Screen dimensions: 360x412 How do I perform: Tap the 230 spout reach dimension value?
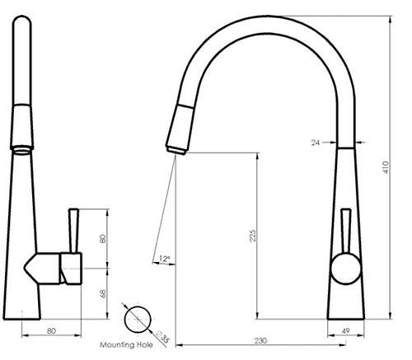coord(260,340)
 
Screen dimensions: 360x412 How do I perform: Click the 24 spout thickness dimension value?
coord(316,142)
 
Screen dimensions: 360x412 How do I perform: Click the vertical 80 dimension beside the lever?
coord(103,239)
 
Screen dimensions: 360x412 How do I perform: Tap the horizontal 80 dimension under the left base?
coord(51,331)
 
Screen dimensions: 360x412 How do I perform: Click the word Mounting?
coord(115,345)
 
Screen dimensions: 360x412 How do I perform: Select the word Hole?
coord(145,345)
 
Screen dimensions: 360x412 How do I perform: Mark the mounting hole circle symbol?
coord(137,318)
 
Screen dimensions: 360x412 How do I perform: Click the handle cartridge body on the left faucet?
coord(70,269)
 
